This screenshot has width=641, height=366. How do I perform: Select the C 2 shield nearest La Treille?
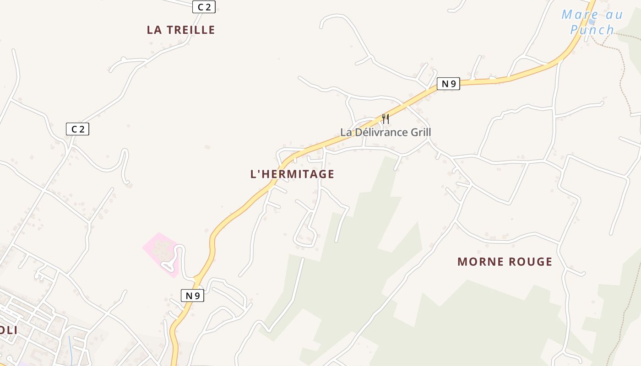[x=204, y=6]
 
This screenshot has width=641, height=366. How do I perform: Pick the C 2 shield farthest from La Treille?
[x=77, y=129]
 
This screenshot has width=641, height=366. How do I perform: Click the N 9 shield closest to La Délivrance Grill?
[x=448, y=84]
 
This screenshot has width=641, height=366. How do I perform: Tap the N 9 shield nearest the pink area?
[x=192, y=296]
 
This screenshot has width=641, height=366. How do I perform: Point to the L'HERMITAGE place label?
[x=292, y=174]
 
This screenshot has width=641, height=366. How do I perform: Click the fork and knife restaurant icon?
[x=386, y=119]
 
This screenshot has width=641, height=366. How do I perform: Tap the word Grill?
[x=418, y=132]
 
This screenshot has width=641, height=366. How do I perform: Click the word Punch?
[x=592, y=30]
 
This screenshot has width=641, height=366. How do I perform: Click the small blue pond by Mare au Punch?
[x=592, y=22]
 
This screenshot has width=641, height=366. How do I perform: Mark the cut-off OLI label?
[x=8, y=330]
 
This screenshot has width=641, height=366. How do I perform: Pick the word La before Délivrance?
[x=346, y=132]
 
